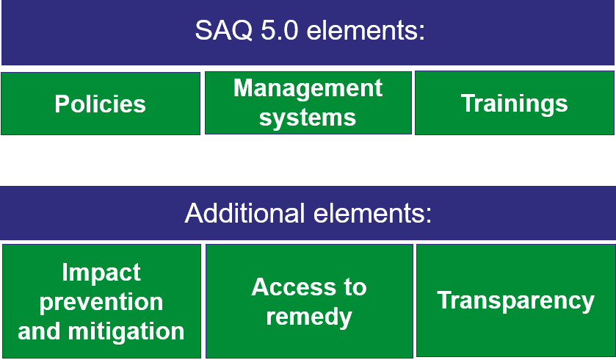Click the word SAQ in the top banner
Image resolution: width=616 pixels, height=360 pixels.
tap(223, 30)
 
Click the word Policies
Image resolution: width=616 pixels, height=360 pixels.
tap(100, 104)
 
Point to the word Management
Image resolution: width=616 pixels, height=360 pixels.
tap(308, 89)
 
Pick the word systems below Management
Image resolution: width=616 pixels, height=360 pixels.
tap(308, 118)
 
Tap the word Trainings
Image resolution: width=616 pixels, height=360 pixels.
tap(514, 104)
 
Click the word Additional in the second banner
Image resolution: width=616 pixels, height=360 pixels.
tap(245, 213)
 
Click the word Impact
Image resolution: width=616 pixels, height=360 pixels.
tap(101, 273)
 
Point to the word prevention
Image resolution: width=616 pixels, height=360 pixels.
tap(101, 303)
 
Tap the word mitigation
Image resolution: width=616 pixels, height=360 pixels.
tap(126, 331)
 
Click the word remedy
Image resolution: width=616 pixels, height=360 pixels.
tap(309, 317)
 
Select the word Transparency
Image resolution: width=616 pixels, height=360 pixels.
tap(516, 301)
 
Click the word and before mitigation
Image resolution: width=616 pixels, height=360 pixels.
tap(40, 331)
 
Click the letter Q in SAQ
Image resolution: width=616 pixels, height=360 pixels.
tap(242, 31)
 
